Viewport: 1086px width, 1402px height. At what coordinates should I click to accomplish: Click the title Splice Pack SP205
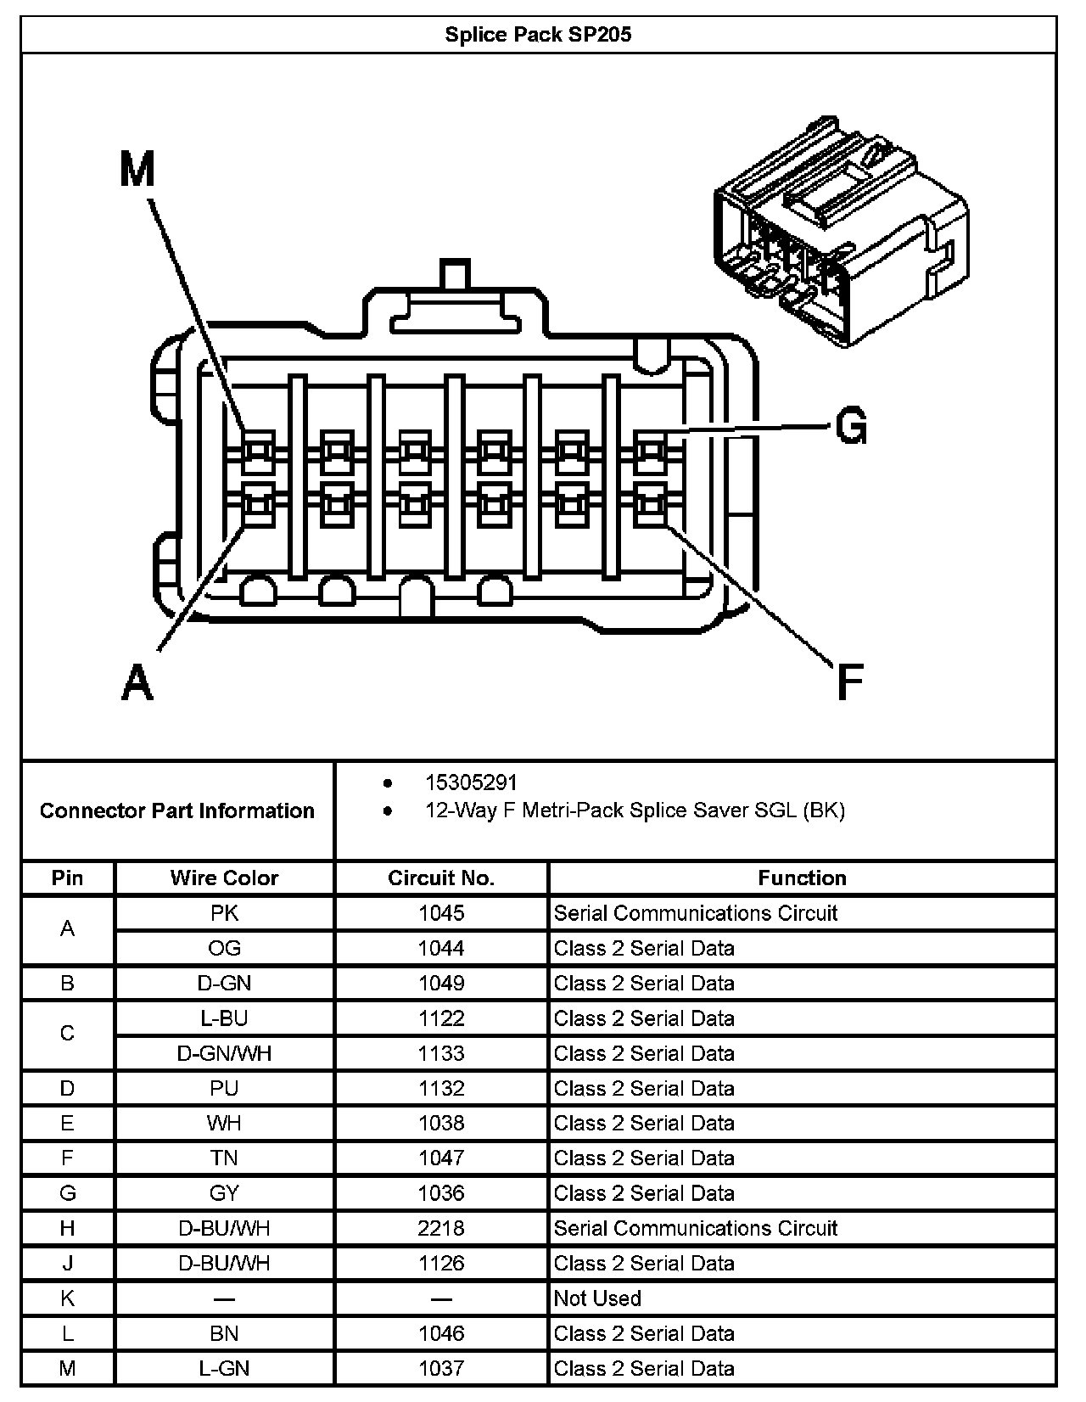[x=538, y=35]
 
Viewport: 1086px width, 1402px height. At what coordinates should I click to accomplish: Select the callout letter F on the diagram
[x=849, y=681]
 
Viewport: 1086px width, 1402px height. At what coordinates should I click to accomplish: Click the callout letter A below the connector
[x=137, y=681]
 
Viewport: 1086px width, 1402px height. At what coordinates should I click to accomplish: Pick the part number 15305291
[x=471, y=782]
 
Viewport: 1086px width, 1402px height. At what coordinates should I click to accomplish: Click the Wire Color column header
[x=224, y=878]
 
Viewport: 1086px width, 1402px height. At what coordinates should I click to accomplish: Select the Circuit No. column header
[x=441, y=878]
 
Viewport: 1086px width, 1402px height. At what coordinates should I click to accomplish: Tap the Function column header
[x=802, y=878]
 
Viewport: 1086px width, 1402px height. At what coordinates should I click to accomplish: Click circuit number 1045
[x=441, y=913]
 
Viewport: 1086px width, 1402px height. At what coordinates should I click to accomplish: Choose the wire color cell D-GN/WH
[x=224, y=1053]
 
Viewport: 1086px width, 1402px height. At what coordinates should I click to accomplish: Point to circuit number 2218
[x=441, y=1228]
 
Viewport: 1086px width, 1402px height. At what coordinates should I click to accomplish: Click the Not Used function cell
[x=597, y=1298]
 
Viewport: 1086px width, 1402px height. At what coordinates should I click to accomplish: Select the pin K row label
[x=68, y=1298]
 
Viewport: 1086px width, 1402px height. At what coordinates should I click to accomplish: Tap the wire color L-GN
[x=224, y=1368]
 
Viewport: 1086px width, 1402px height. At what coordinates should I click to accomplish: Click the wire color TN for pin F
[x=224, y=1158]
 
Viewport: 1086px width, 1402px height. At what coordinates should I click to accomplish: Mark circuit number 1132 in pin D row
[x=441, y=1088]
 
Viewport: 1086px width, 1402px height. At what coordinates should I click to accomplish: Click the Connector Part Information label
[x=177, y=810]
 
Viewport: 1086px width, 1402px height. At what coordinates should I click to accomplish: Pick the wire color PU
[x=224, y=1088]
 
